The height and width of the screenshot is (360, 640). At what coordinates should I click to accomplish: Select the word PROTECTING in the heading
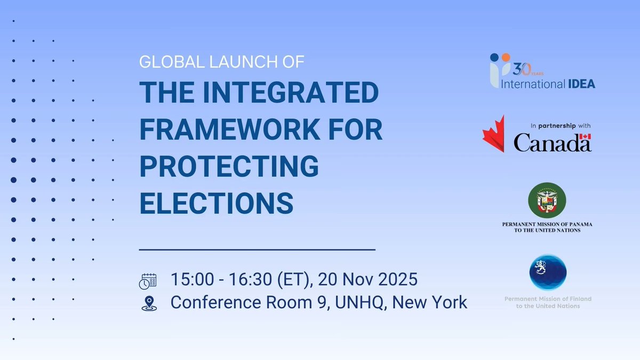[x=229, y=166]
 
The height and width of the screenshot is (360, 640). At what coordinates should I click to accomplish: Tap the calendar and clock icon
[x=148, y=281]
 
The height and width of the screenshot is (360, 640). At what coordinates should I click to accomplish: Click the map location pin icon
[x=148, y=303]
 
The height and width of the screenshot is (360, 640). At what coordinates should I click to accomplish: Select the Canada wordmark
[x=552, y=142]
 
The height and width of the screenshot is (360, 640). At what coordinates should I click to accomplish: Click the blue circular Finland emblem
[x=548, y=272]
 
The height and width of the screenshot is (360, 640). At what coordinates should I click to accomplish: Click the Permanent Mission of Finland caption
[x=548, y=302]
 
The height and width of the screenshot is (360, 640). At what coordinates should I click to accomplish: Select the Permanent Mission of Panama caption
[x=547, y=227]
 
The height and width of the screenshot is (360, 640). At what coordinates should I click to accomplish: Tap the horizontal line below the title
[x=257, y=249]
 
